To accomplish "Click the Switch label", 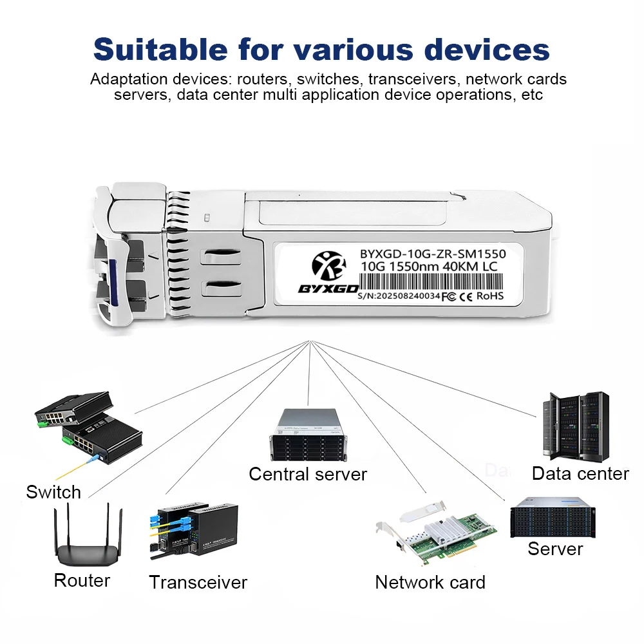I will (53, 493).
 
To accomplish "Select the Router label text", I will (82, 580).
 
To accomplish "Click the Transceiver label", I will (198, 583).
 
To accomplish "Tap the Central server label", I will (308, 475).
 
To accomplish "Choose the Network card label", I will (430, 583).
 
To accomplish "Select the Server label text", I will (555, 549).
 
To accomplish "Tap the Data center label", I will (580, 474).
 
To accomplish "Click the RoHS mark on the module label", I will (490, 296).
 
